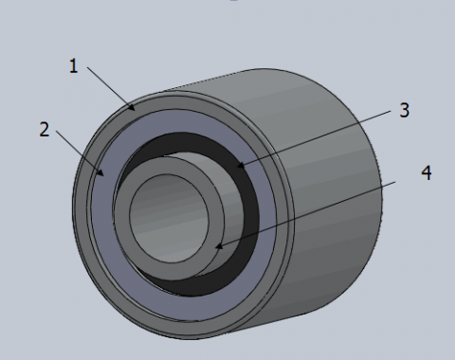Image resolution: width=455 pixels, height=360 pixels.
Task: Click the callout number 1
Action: click(73, 66)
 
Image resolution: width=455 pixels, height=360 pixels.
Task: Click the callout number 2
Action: click(45, 130)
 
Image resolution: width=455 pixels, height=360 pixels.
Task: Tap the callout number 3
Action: click(405, 110)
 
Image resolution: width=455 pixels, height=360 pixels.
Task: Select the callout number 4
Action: click(427, 172)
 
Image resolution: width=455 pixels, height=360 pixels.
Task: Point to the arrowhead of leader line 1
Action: click(131, 106)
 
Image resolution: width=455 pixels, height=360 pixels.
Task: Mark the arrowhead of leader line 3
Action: click(241, 165)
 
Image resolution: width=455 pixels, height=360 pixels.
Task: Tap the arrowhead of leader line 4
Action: click(219, 245)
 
